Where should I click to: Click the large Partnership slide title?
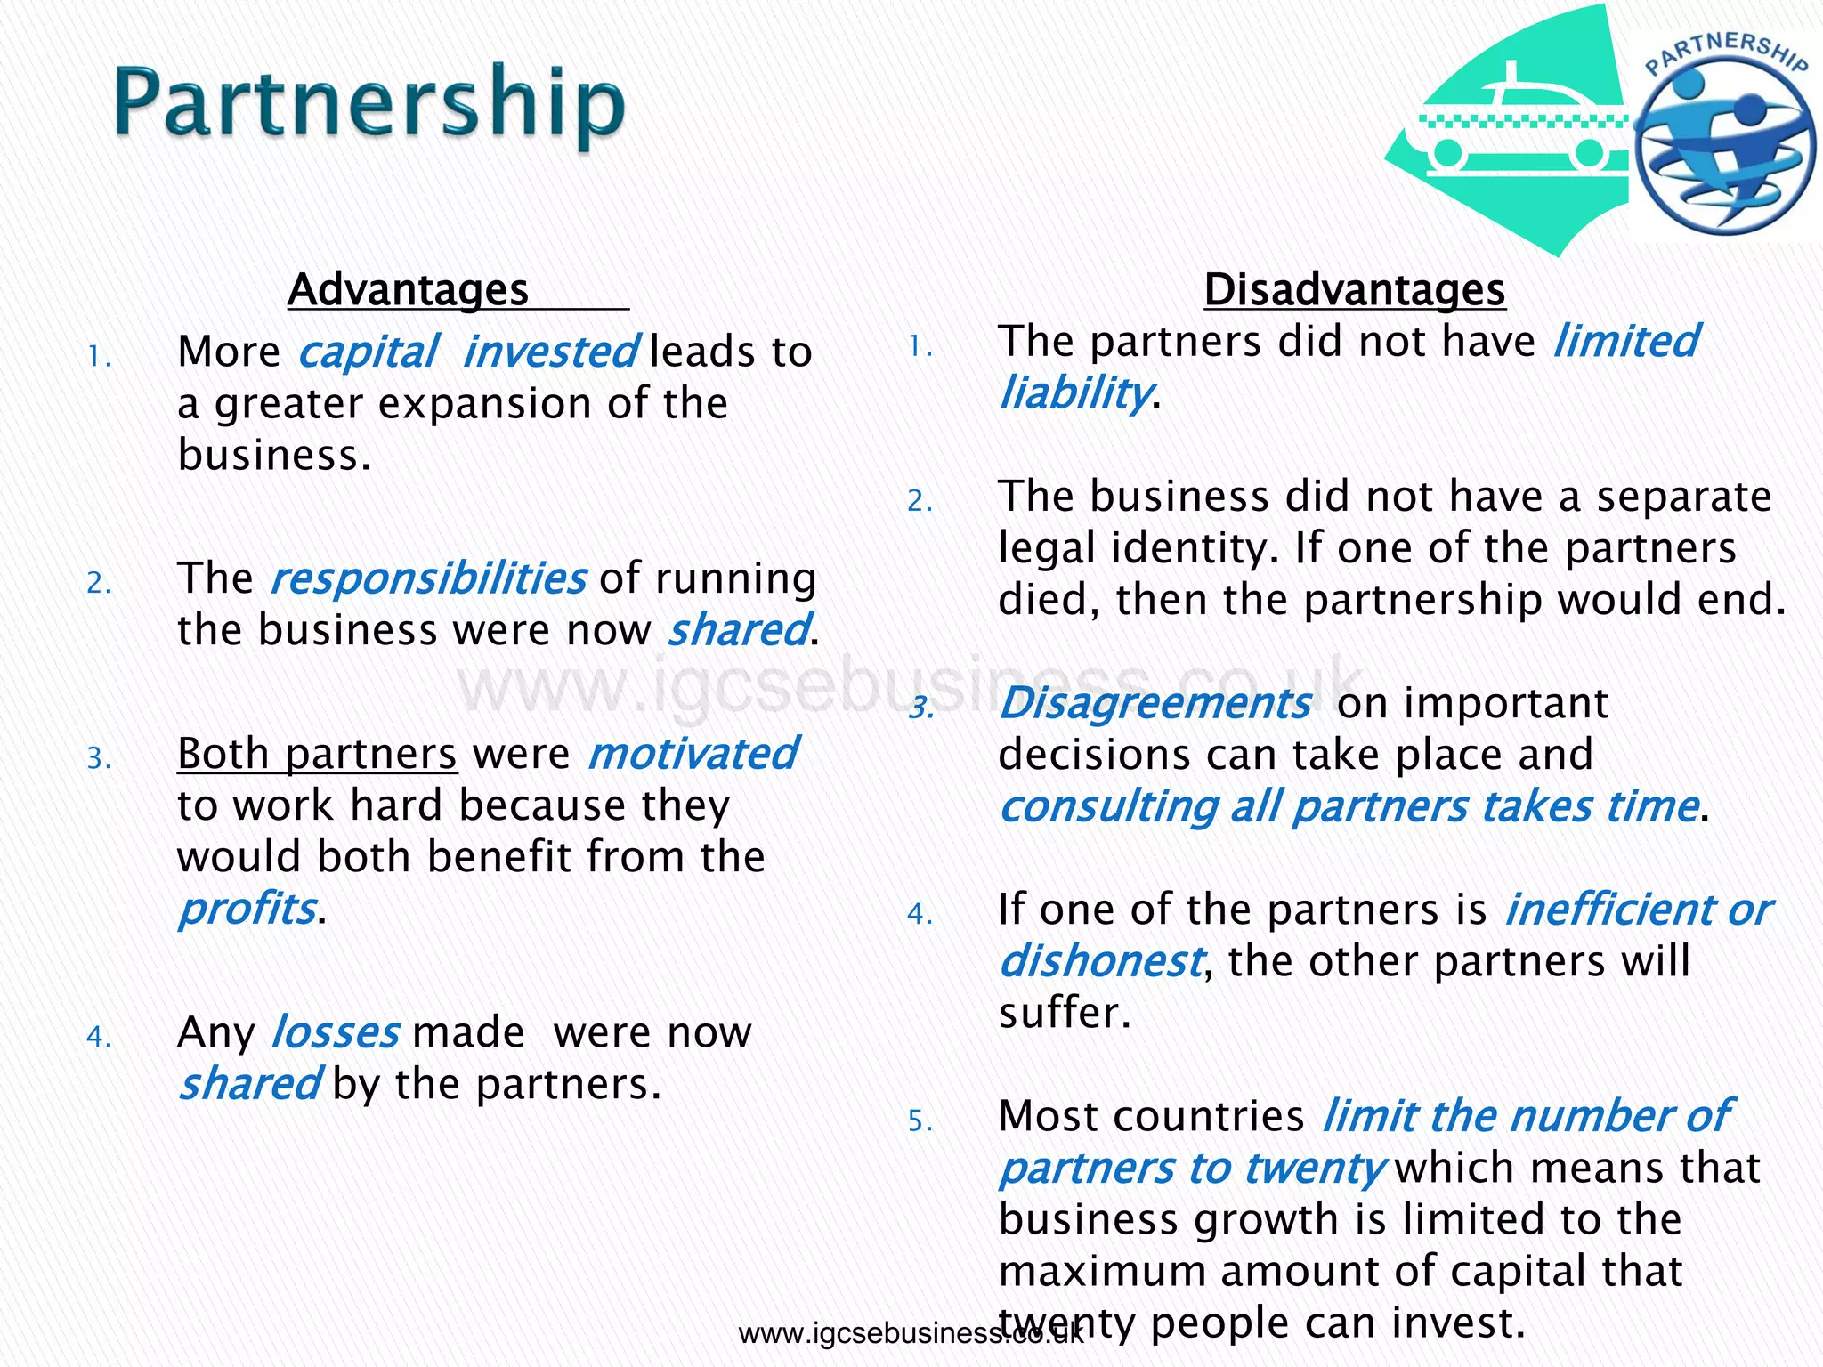pos(369,105)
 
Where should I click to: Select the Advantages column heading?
pos(409,290)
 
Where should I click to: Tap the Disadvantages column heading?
pos(1354,290)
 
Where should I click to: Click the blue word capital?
pos(368,352)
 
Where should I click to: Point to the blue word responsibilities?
pos(428,579)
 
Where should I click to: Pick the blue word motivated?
pos(693,755)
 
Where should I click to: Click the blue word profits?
pos(247,910)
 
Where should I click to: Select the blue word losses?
pos(335,1033)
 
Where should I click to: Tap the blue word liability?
pos(1074,393)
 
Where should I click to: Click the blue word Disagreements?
pos(1155,704)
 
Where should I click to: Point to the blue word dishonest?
pos(1100,962)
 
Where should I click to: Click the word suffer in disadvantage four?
pos(1063,1014)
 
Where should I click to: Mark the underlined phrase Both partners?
pos(317,755)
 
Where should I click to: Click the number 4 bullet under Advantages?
pos(98,1038)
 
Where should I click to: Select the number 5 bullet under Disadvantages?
pos(919,1121)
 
